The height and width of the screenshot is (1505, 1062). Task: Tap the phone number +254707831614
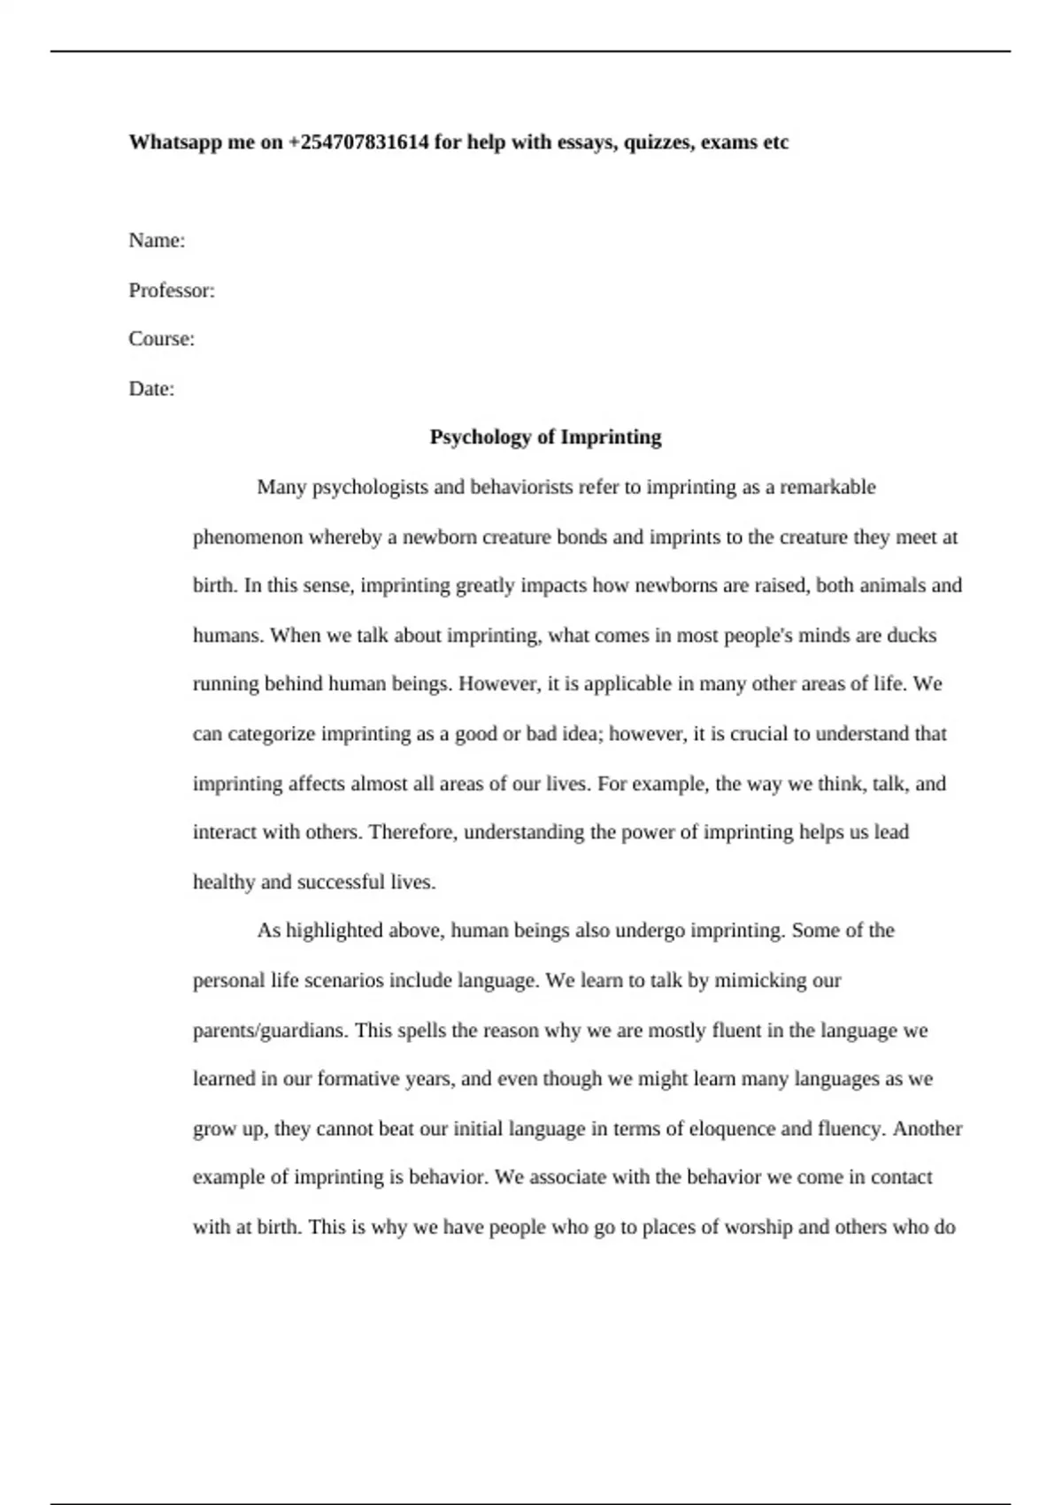point(358,143)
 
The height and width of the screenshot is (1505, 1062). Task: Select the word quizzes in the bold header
point(658,143)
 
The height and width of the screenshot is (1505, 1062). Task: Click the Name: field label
point(157,241)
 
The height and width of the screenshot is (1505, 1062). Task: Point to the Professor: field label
point(172,290)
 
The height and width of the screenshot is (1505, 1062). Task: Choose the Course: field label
point(161,339)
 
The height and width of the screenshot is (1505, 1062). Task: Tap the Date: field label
point(151,389)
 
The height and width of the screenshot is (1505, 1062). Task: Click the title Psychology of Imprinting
point(545,437)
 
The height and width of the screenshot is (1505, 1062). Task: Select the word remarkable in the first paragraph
point(827,487)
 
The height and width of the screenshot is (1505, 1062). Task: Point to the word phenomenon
point(248,537)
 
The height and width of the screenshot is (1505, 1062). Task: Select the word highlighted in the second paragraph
point(335,930)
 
